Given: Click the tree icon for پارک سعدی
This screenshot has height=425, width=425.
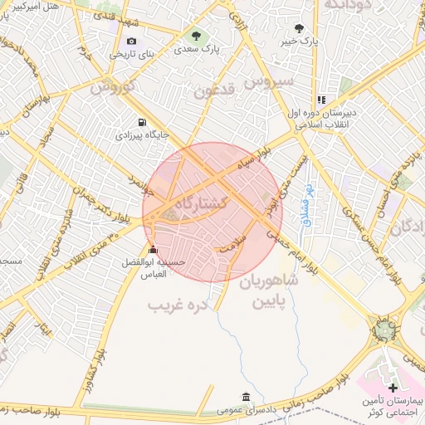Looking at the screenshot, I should click(197, 36).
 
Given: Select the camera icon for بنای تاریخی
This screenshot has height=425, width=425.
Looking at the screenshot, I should click(131, 42).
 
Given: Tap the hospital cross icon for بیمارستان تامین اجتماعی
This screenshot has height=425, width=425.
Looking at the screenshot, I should click(393, 388).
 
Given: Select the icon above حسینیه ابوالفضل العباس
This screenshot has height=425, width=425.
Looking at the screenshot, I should click(152, 250).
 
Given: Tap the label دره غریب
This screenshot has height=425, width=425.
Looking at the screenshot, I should click(175, 305).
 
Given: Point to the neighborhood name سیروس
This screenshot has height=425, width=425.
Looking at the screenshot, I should click(275, 81).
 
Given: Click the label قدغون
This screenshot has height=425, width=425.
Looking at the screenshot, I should click(216, 90).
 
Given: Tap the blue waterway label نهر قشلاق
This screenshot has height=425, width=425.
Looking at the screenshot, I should click(305, 205).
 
